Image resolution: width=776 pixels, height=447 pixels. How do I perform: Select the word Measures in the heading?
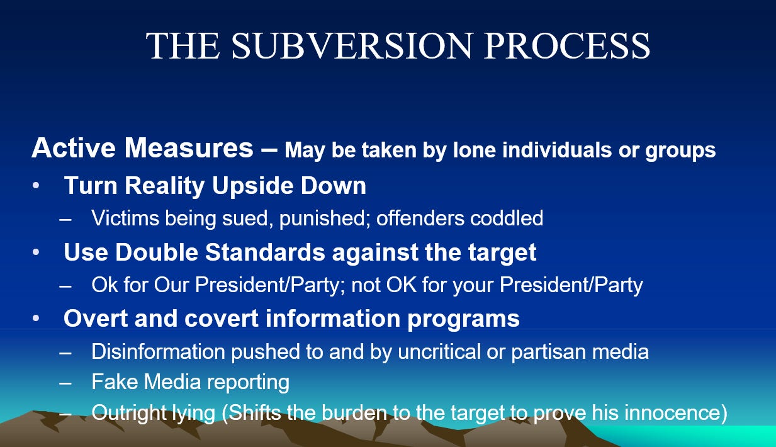pyautogui.click(x=189, y=148)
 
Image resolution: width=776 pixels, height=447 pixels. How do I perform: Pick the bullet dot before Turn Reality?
pyautogui.click(x=37, y=186)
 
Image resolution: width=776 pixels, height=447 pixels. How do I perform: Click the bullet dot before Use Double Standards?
pyautogui.click(x=37, y=252)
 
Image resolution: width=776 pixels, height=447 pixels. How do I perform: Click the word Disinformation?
pyautogui.click(x=158, y=351)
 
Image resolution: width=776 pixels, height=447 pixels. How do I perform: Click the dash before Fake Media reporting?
pyautogui.click(x=65, y=383)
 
